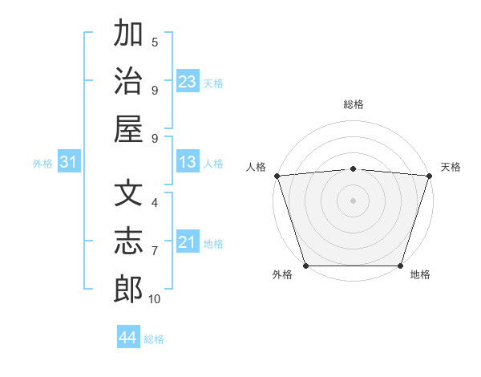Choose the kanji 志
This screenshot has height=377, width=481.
tap(128, 241)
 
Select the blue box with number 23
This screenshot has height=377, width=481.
tap(188, 82)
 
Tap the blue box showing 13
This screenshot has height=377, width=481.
tap(188, 163)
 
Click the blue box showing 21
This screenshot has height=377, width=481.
tap(188, 242)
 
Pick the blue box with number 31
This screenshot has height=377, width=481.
tap(68, 163)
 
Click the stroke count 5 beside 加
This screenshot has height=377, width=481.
tap(155, 43)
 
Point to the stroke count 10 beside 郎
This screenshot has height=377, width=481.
tap(155, 299)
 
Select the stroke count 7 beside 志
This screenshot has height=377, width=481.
tap(155, 251)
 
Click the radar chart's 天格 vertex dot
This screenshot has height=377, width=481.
tap(429, 176)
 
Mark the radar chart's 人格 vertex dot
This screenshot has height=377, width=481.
tap(277, 176)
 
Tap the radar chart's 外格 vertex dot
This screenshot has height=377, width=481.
tap(305, 266)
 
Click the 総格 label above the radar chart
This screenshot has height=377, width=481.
tap(353, 104)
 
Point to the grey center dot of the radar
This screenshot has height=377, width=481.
tap(353, 201)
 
